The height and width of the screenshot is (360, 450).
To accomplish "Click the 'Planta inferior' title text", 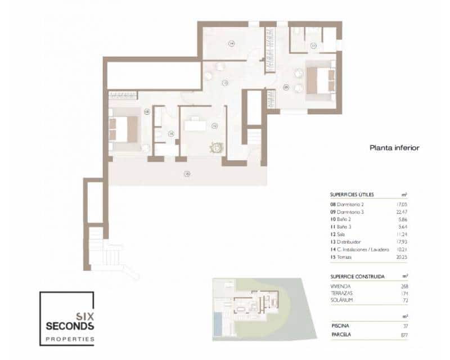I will (x=394, y=148).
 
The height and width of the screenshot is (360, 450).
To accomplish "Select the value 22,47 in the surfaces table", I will (x=400, y=211).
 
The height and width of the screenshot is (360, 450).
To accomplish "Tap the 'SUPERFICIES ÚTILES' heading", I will (x=352, y=195).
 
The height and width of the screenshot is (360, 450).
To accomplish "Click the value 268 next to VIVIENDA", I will (x=404, y=286).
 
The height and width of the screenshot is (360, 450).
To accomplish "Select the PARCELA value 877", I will (x=404, y=335).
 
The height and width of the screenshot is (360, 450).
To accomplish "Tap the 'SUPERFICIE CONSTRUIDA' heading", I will (x=357, y=277).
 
